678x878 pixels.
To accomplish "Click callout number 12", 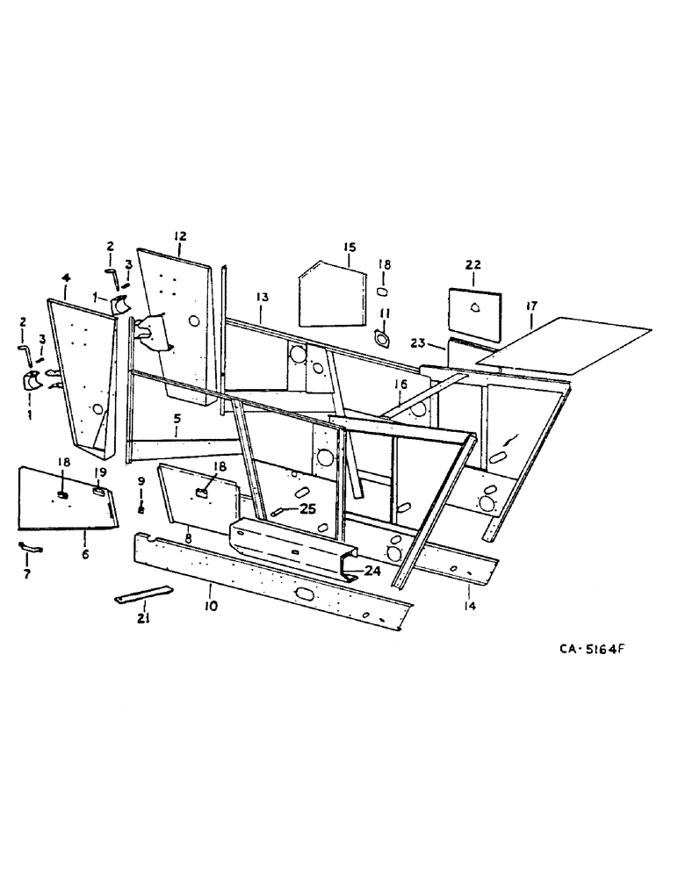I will coord(180,235).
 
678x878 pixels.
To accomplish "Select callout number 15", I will coord(349,247).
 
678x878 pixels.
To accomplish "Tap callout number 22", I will coord(473,265).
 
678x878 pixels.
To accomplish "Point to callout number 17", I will coord(531,306).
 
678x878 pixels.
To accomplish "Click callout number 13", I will coord(261,299).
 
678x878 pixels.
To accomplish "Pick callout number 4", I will coord(66,278).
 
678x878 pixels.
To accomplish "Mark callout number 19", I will coord(101,471).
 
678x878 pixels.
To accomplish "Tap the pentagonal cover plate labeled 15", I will coord(329,294).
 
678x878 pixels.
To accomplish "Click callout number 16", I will coord(400,385).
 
